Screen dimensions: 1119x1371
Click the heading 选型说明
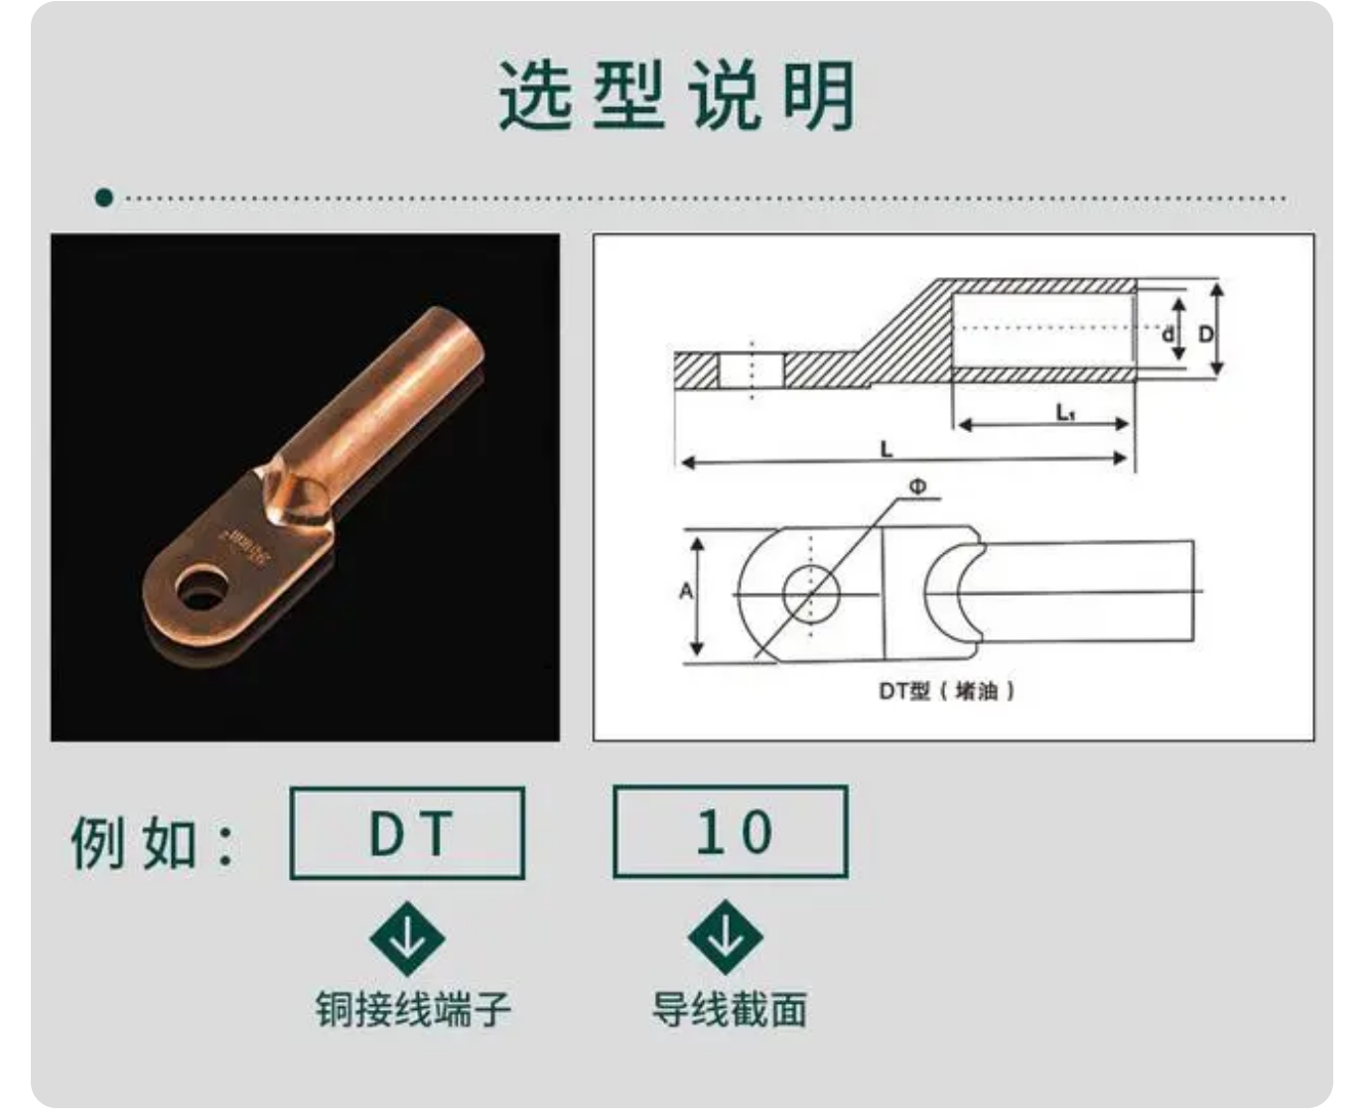(x=677, y=95)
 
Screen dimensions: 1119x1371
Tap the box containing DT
(x=407, y=833)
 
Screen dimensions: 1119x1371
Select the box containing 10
(x=731, y=832)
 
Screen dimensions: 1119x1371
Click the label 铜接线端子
(x=413, y=1009)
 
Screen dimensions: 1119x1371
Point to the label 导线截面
(x=730, y=1009)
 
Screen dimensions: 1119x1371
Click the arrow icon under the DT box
(x=407, y=938)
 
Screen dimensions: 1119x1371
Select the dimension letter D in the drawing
(x=1205, y=334)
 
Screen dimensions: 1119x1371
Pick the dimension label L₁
(x=1065, y=411)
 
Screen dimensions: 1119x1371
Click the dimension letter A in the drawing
(x=685, y=592)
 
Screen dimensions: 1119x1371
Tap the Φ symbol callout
(x=917, y=487)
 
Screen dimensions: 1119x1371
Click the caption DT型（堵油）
(x=946, y=690)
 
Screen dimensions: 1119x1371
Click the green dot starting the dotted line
(x=104, y=198)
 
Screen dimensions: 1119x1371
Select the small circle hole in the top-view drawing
(x=811, y=595)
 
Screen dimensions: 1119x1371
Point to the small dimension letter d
(x=1167, y=335)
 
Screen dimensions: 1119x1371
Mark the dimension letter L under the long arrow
(x=887, y=449)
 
